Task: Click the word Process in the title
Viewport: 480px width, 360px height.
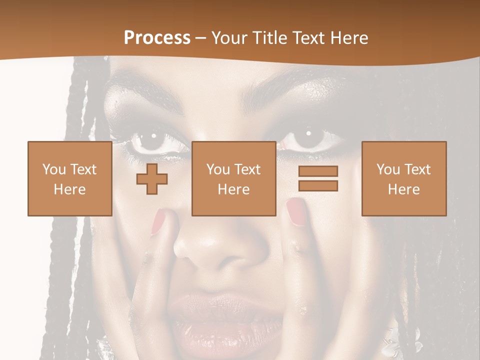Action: [x=157, y=38]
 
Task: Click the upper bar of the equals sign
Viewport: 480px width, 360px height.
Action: [x=318, y=171]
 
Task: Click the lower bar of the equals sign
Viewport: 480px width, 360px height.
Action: [x=318, y=185]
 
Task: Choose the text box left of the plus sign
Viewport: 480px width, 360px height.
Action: [x=69, y=178]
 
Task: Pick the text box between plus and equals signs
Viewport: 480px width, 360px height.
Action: [x=233, y=178]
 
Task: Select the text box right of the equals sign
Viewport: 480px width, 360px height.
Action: [x=403, y=178]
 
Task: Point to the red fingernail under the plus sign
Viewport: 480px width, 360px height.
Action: [x=159, y=221]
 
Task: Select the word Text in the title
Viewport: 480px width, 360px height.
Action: [x=308, y=38]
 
